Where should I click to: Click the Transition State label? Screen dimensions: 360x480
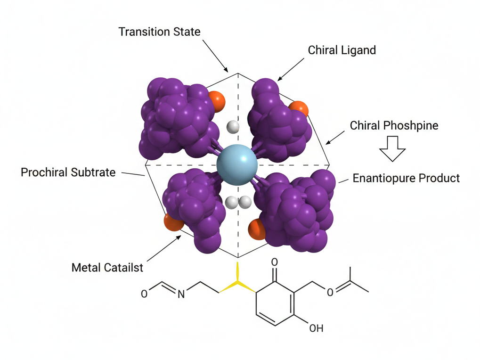tap(159, 32)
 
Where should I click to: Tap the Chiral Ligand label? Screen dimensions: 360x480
tap(342, 50)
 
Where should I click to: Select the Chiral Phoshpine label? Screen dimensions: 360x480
tap(394, 125)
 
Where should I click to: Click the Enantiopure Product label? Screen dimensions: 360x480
tap(406, 179)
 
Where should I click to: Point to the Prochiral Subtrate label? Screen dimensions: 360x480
tap(68, 172)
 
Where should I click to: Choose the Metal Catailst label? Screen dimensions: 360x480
tap(107, 268)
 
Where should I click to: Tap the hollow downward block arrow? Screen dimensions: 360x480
tap(392, 148)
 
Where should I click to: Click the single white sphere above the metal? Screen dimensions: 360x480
tap(233, 126)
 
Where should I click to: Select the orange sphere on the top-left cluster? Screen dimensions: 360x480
tap(217, 101)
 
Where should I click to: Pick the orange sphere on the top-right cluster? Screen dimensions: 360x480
tap(300, 108)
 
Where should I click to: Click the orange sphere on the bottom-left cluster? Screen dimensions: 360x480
tap(173, 222)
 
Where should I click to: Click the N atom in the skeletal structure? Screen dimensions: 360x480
tap(181, 294)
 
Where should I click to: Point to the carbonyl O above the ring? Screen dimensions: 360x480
tap(275, 262)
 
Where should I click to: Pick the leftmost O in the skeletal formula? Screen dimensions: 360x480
tap(144, 294)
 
